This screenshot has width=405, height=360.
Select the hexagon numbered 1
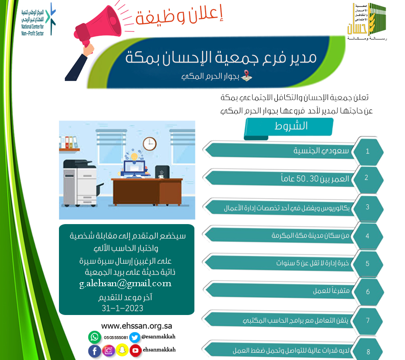[368, 151]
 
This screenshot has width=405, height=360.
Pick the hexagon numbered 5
[368, 264]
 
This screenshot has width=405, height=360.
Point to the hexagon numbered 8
[368, 351]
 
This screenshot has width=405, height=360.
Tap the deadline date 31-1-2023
[122, 308]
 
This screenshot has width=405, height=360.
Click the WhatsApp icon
[94, 337]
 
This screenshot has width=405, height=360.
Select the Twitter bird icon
[135, 337]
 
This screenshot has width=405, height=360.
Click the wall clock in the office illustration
[149, 144]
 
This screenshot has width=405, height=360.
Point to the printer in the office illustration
[79, 175]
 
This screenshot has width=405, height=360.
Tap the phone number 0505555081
[116, 337]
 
